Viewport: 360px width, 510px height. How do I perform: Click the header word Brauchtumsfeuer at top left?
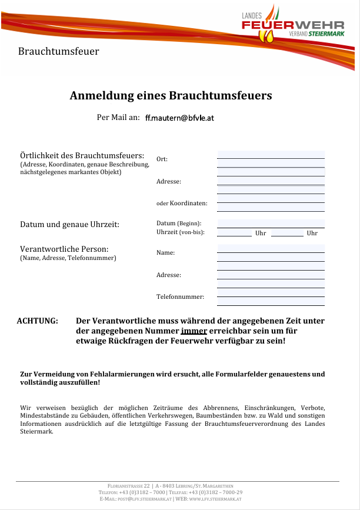(x=58, y=51)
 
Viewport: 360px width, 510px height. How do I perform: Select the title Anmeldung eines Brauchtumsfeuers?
(x=171, y=95)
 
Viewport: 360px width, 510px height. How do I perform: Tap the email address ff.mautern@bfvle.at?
(x=179, y=118)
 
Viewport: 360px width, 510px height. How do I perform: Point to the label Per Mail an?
(x=118, y=117)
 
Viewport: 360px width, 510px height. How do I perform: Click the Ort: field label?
(x=162, y=159)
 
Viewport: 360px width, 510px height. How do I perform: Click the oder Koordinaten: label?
(x=182, y=204)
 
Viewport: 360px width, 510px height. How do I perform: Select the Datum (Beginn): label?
(x=179, y=224)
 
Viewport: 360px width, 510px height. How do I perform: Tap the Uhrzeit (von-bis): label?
(x=181, y=233)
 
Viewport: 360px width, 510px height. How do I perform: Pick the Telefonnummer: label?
(x=180, y=296)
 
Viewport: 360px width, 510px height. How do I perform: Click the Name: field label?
(x=166, y=253)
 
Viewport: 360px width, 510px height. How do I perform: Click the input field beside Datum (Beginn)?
(x=271, y=224)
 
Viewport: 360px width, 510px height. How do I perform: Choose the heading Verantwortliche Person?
(x=64, y=249)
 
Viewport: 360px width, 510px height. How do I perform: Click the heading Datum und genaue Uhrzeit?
(x=69, y=225)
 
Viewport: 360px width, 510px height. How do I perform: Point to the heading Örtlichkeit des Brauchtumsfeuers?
(x=82, y=155)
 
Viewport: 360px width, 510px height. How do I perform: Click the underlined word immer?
(x=194, y=331)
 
